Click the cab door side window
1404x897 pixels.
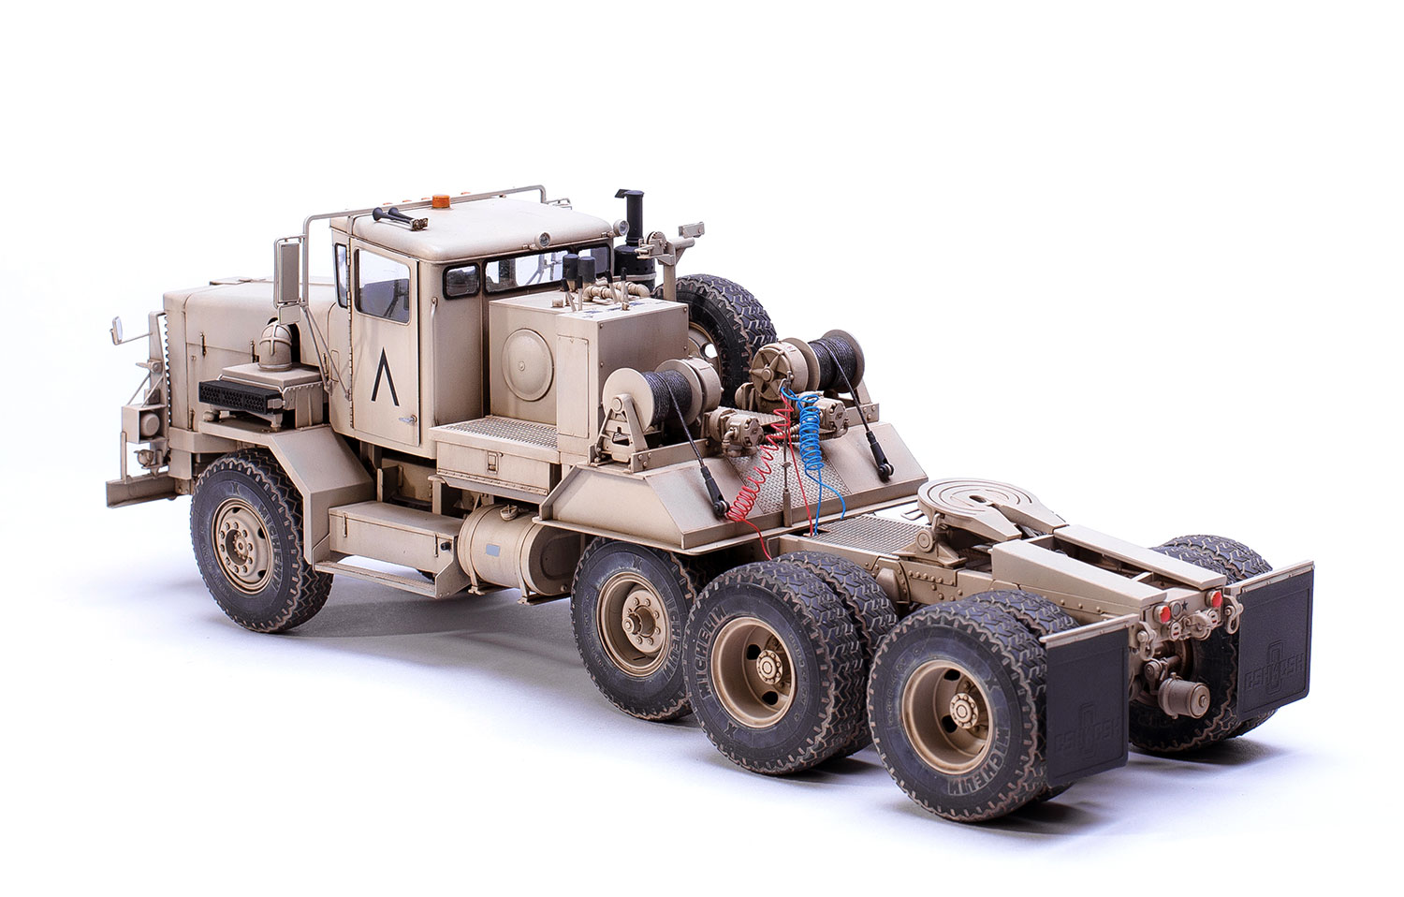tap(383, 286)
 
